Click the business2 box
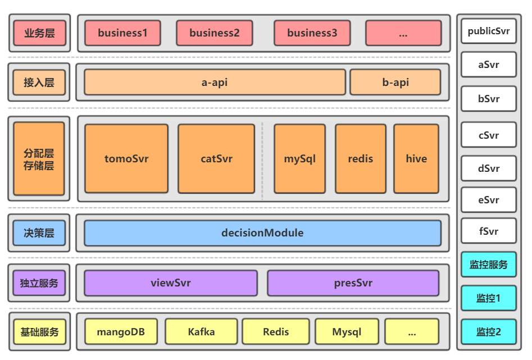[x=214, y=33]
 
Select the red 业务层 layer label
[x=39, y=33]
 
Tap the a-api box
[x=215, y=83]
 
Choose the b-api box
[x=395, y=83]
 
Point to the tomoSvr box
[x=126, y=158]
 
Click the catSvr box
[x=216, y=158]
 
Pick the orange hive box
[x=416, y=158]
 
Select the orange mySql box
[x=299, y=158]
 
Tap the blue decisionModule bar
[x=262, y=233]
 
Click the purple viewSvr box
[x=171, y=283]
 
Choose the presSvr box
[x=353, y=283]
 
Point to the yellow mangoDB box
[x=121, y=331]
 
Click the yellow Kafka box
[x=201, y=331]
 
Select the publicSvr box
[x=488, y=31]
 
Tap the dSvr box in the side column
[x=488, y=168]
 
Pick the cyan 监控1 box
[x=488, y=298]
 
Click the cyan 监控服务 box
[x=488, y=265]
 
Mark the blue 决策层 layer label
[x=39, y=233]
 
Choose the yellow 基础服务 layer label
[x=39, y=332]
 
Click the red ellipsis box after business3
[x=403, y=33]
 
